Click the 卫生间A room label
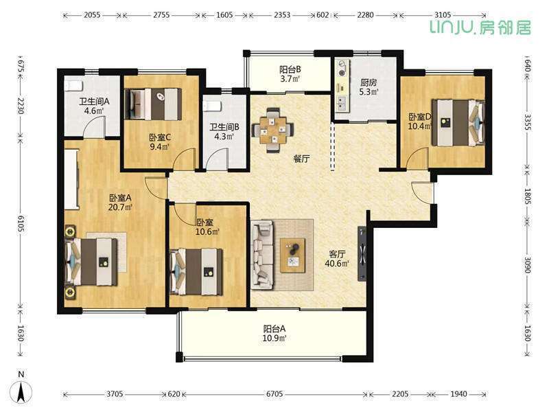pos(94,102)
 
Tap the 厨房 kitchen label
pos(369,83)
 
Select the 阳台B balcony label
pos(290,69)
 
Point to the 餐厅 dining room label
pos(301,159)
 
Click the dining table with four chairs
pos(273,130)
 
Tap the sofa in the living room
pos(262,255)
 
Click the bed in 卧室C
pos(153,104)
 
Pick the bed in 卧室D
pos(458,123)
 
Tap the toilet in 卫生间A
pos(73,86)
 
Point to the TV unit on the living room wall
pos(362,253)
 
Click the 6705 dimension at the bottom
pos(274,394)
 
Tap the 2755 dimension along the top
pos(161,15)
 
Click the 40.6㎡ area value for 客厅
pos(337,264)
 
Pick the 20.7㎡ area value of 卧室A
pos(120,207)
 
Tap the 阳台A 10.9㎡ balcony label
pos(274,334)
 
